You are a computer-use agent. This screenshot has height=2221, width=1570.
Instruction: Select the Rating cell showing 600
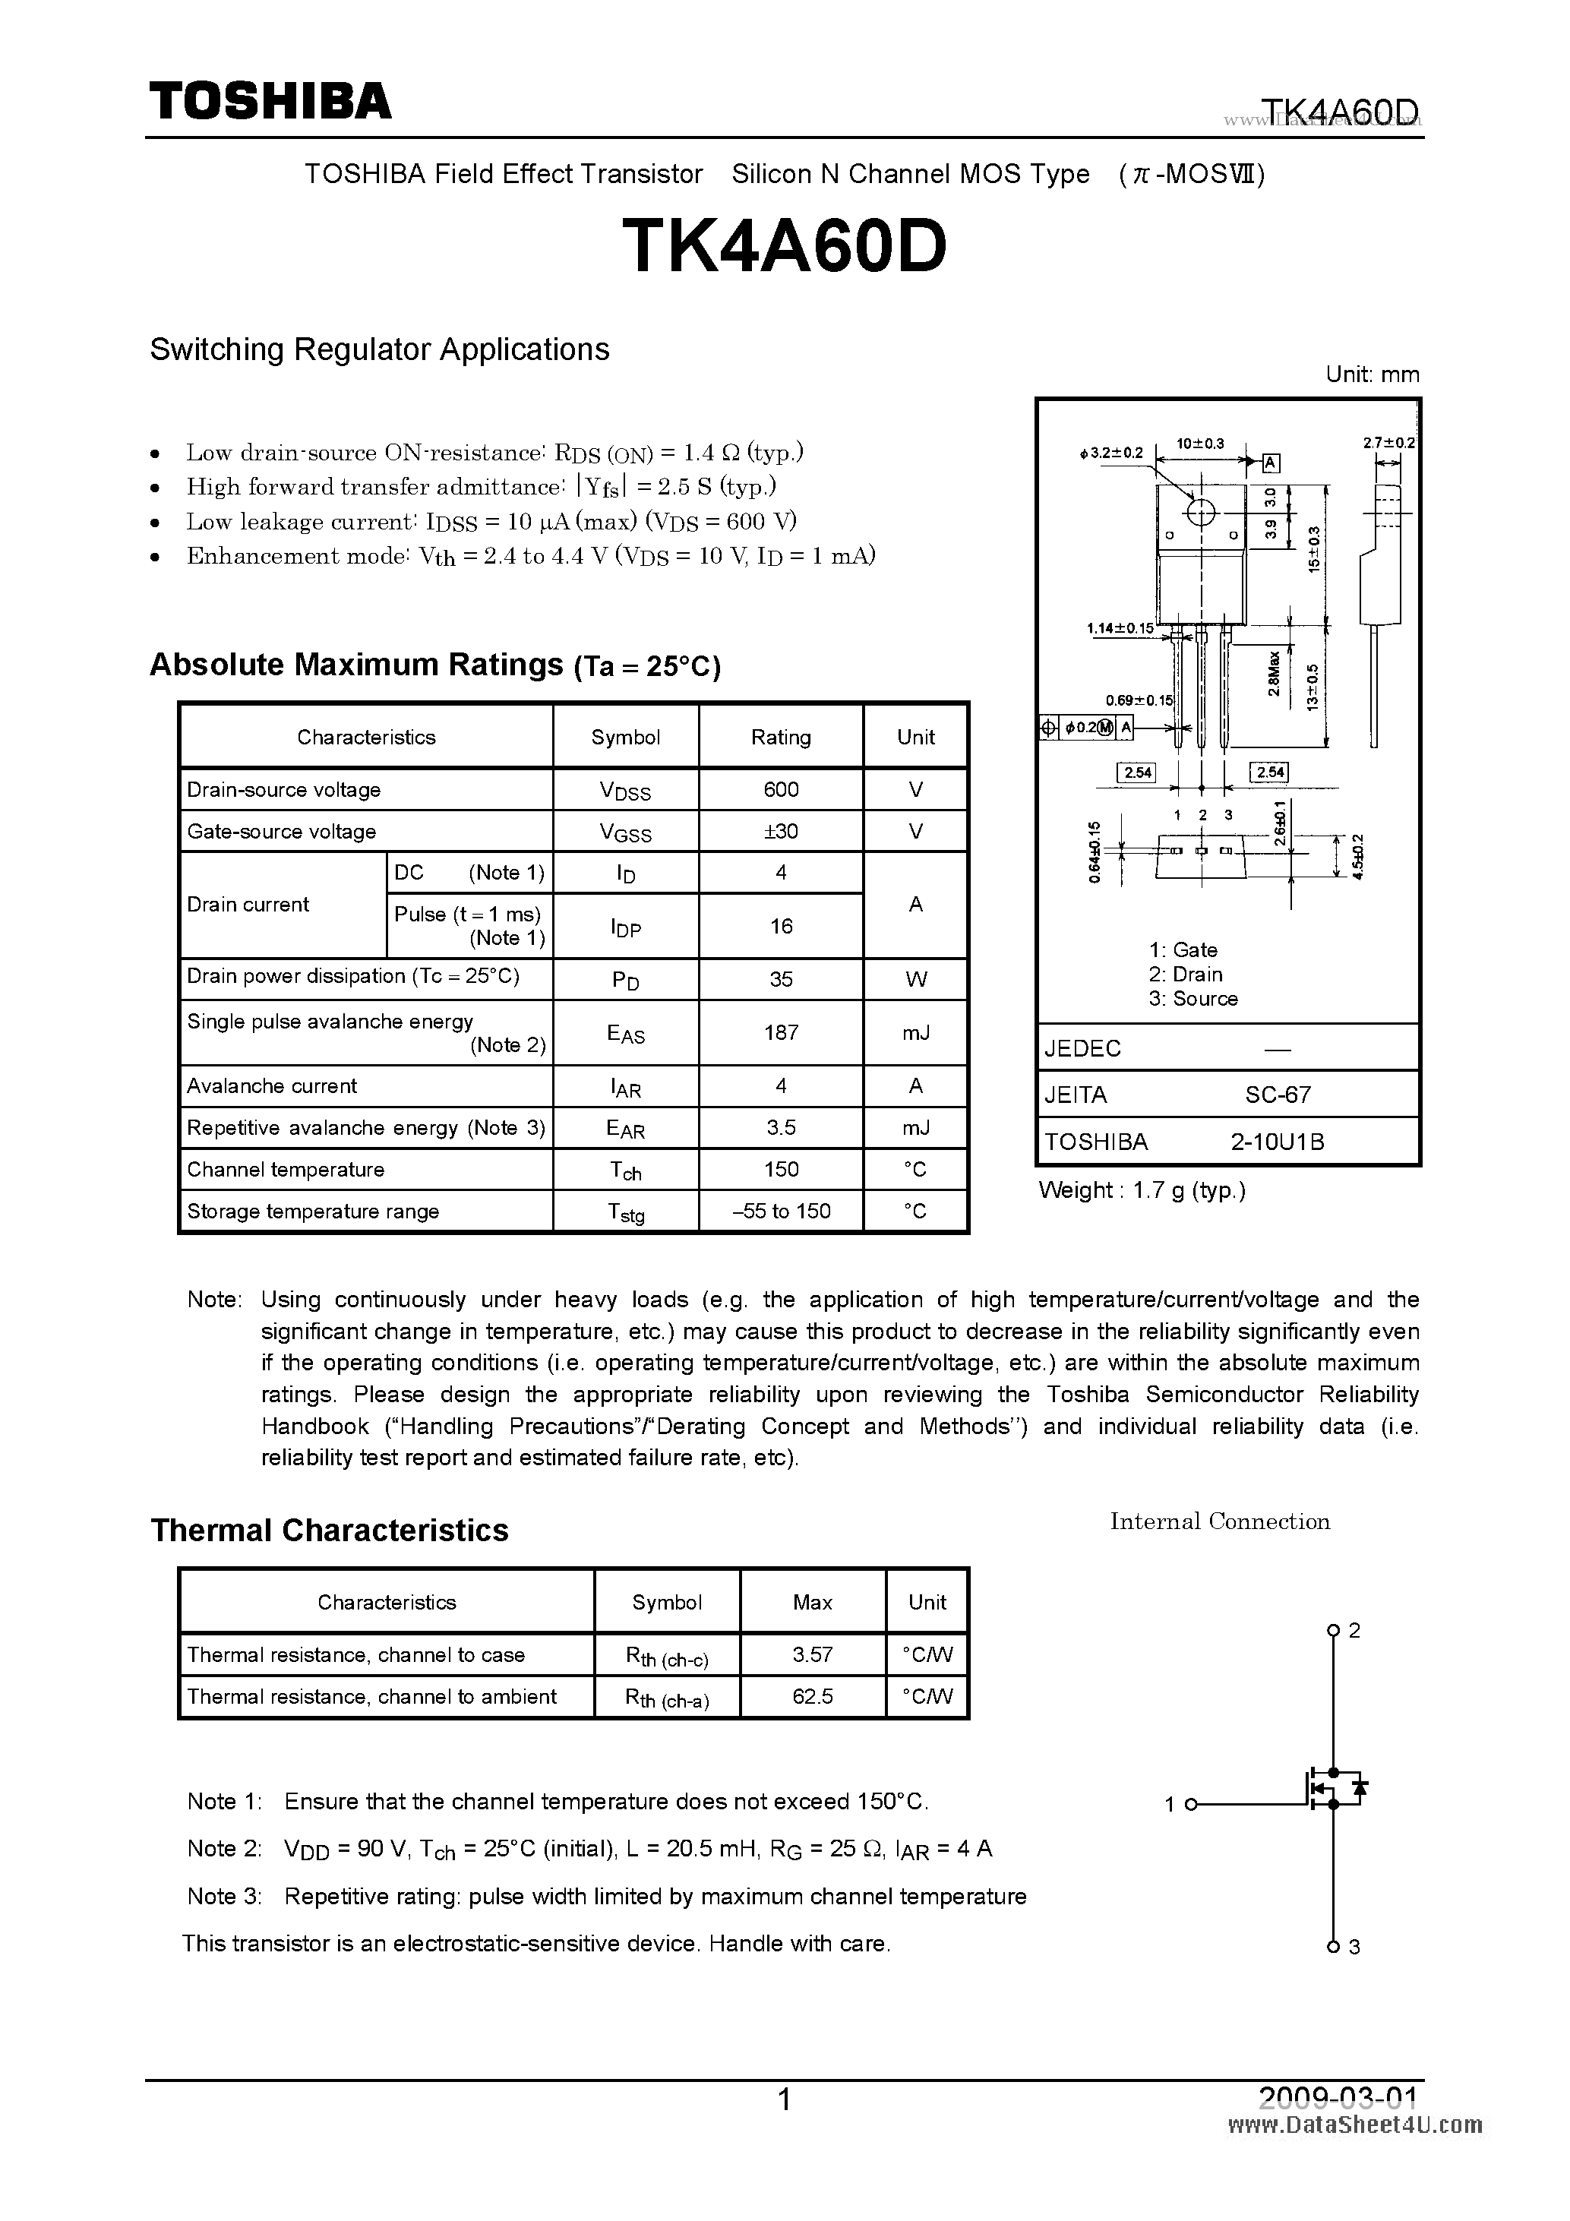pos(781,789)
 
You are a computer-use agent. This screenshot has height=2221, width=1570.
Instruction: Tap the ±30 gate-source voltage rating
pos(781,831)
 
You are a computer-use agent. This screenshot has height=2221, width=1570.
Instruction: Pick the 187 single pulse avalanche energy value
pos(781,1032)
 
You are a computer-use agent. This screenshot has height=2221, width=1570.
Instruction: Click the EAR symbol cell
pos(625,1128)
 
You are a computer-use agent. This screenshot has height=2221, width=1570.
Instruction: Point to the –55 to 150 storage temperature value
pos(781,1211)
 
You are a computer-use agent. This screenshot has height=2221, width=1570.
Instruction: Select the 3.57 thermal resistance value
pos(812,1654)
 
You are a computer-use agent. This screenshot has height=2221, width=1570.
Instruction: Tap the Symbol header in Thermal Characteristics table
pos(666,1602)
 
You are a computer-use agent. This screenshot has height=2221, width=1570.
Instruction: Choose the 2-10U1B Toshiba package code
pos(1277,1142)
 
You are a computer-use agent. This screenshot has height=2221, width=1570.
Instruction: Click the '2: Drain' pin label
pos(1185,974)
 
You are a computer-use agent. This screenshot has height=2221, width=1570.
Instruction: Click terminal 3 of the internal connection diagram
pos(1333,1946)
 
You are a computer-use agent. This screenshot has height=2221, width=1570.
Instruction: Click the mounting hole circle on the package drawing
pos(1200,513)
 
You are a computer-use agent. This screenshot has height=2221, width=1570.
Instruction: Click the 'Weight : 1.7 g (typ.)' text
pos(1142,1189)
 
